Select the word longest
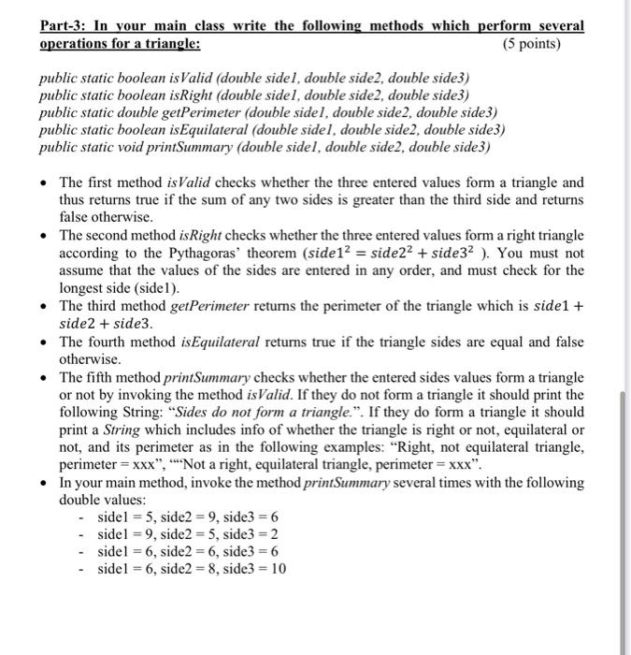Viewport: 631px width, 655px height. (83, 288)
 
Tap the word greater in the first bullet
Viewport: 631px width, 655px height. (406, 201)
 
